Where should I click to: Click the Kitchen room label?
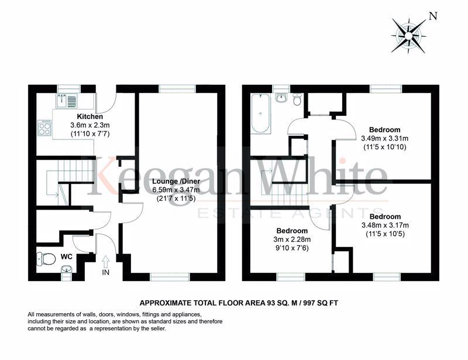tap(90, 116)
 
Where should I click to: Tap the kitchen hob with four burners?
tap(45, 128)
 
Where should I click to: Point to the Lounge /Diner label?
tap(176, 181)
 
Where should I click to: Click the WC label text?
tap(66, 256)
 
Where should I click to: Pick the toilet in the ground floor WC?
tap(46, 258)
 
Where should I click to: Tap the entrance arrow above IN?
tap(106, 262)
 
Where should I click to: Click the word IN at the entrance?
tap(106, 272)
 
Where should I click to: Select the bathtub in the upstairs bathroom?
tap(261, 113)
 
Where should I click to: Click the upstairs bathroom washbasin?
tap(281, 98)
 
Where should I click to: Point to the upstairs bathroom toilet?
tap(297, 100)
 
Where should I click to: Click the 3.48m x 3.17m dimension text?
tap(385, 225)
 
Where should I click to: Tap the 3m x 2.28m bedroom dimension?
tap(292, 239)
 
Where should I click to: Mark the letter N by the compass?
tap(433, 16)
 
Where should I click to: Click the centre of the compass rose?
tap(408, 35)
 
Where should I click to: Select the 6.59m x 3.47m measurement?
tap(176, 190)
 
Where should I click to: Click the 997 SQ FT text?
tap(321, 303)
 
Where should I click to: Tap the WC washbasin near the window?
tap(66, 270)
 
